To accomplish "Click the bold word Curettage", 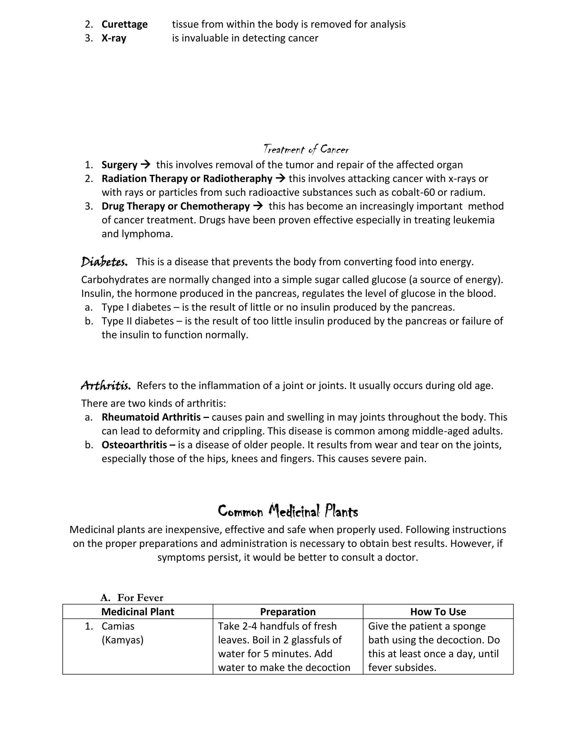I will click(124, 24).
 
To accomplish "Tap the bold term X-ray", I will click(114, 38).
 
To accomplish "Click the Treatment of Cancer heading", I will click(306, 149).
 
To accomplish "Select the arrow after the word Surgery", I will click(145, 165).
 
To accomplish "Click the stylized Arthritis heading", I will click(105, 386).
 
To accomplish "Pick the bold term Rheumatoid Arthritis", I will click(151, 417).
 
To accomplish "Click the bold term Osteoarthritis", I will click(134, 445).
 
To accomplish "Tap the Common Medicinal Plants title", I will click(288, 511).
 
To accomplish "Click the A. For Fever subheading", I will click(132, 597).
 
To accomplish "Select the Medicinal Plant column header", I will click(138, 611).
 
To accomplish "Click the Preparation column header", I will click(288, 611).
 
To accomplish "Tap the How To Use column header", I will click(438, 611).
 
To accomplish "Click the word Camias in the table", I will click(118, 626).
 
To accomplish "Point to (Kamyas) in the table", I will click(123, 640).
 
